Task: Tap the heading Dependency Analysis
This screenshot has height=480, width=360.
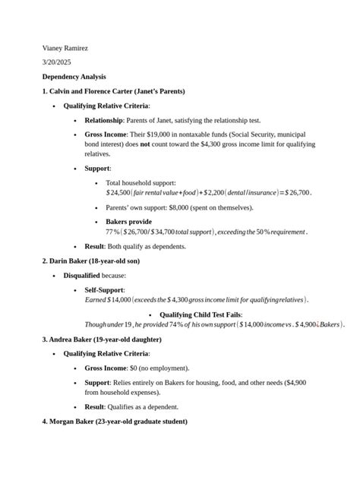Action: click(x=74, y=77)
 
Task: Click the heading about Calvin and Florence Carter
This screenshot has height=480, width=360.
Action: click(x=114, y=91)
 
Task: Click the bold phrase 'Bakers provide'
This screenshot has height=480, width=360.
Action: click(x=128, y=222)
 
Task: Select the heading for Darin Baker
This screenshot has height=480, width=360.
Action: click(x=91, y=261)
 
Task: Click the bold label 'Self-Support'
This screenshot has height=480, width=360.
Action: click(x=104, y=290)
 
